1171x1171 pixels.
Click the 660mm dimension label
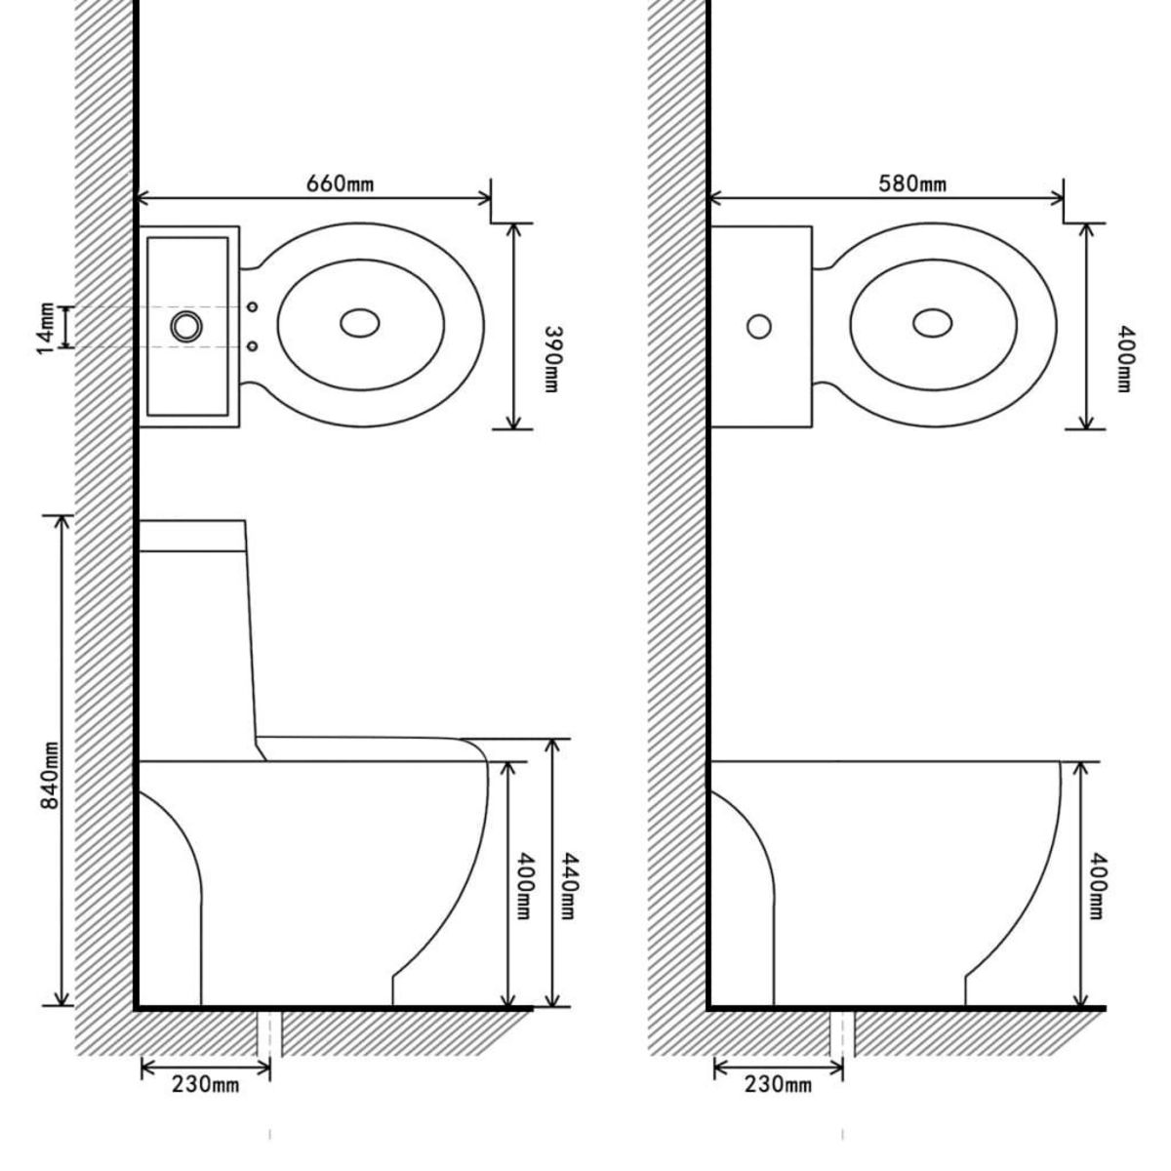coord(341,183)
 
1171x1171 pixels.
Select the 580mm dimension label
coord(911,183)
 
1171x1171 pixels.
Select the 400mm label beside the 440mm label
coord(525,886)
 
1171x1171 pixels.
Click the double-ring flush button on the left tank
coord(184,326)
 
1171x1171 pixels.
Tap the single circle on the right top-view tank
coord(759,326)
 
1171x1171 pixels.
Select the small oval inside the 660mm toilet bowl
coord(360,323)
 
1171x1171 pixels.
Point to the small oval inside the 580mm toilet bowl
coord(933,323)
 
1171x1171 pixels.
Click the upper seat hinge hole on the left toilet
coord(253,307)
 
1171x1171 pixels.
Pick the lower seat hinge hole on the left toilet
coord(253,345)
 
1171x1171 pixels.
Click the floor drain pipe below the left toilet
coord(270,1032)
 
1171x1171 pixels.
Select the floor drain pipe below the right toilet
coord(843,1032)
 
